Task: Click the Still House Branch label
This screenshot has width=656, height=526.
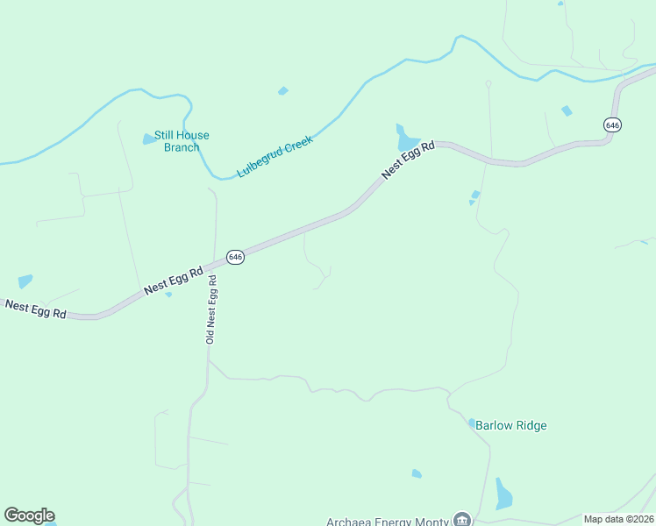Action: click(x=182, y=141)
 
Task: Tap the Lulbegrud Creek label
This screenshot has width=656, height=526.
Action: click(x=275, y=156)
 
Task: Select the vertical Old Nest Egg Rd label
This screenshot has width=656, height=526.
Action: click(x=210, y=309)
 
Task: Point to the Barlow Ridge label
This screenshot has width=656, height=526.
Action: click(x=511, y=426)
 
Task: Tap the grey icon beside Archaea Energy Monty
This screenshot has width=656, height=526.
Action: click(x=461, y=520)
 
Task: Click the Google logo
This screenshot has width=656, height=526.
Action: click(x=29, y=515)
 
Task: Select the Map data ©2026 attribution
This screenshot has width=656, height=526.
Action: click(x=619, y=519)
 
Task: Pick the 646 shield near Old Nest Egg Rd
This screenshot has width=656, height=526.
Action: click(x=234, y=257)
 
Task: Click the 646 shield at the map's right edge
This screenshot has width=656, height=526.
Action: click(x=612, y=125)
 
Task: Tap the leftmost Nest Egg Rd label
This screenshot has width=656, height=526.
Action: click(x=35, y=309)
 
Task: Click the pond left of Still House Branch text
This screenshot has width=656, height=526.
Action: click(x=148, y=139)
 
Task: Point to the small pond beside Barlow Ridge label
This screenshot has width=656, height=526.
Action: click(x=472, y=423)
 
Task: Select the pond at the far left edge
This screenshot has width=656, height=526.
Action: click(x=25, y=281)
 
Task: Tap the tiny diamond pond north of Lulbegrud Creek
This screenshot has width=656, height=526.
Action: click(x=282, y=90)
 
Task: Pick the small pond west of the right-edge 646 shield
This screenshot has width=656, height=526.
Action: click(x=567, y=110)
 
